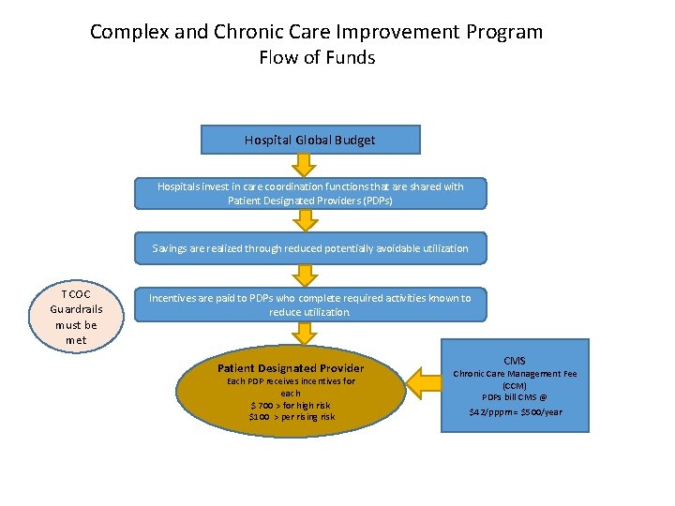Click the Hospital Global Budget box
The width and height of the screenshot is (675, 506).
(x=310, y=140)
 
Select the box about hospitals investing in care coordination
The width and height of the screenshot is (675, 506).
(x=310, y=193)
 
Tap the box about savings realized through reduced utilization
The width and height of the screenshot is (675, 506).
(x=310, y=248)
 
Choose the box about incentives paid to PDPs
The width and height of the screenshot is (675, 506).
(x=310, y=305)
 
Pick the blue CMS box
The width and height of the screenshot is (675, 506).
(x=515, y=385)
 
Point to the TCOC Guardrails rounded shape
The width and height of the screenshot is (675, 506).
(x=76, y=316)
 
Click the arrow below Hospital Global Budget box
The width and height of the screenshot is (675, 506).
(x=304, y=165)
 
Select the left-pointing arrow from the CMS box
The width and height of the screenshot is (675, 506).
(x=427, y=379)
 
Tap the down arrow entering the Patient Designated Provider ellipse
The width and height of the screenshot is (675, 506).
(x=304, y=333)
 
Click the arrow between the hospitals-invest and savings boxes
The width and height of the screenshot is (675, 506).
(x=304, y=221)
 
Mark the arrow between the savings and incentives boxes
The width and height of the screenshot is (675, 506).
(x=304, y=275)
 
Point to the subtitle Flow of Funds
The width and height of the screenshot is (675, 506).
(x=317, y=57)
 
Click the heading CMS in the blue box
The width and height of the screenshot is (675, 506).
(x=515, y=361)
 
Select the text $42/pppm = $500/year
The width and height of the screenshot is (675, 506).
(x=515, y=411)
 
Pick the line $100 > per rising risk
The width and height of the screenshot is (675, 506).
(x=291, y=416)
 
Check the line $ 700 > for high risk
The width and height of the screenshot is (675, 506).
(x=291, y=405)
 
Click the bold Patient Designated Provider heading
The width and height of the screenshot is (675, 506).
(x=291, y=368)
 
